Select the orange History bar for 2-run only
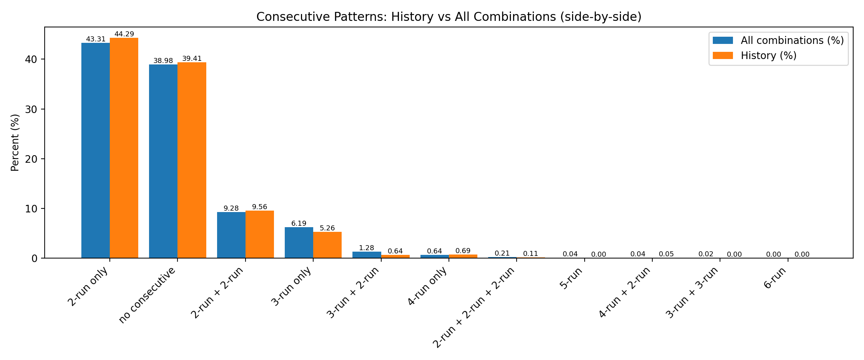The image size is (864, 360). (x=124, y=148)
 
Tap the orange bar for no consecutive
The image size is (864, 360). (x=192, y=160)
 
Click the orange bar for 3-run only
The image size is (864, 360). (x=327, y=245)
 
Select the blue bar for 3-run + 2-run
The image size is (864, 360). (x=367, y=255)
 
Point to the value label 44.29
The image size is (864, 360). (x=124, y=34)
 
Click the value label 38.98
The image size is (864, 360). (x=163, y=61)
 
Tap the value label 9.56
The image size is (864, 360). (x=260, y=207)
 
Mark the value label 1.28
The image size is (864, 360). (x=366, y=248)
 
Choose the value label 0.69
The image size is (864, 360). (x=463, y=251)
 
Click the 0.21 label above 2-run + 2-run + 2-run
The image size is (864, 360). (x=502, y=253)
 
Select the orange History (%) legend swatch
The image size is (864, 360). (x=723, y=55)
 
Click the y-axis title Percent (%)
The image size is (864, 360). (x=15, y=143)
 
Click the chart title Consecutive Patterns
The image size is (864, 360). (x=449, y=17)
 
